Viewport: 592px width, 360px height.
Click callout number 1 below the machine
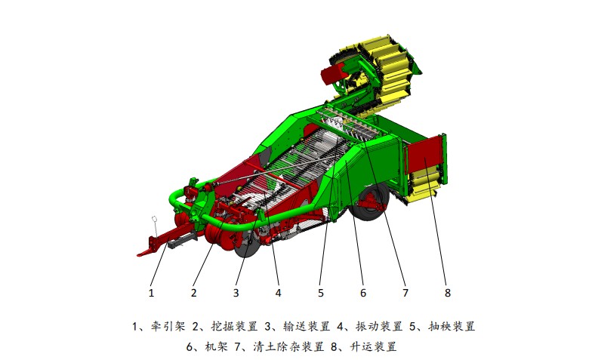pos(151,293)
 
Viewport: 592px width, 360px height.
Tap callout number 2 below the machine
pos(193,293)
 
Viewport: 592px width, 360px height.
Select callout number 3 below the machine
pos(236,293)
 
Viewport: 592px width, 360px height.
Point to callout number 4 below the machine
pos(278,293)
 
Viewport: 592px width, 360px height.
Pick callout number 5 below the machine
pos(320,293)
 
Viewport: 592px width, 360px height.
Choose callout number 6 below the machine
pos(362,293)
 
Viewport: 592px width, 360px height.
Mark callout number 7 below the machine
pos(405,293)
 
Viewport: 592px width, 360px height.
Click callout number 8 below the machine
pos(447,293)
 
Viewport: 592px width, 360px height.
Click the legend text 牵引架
pos(168,326)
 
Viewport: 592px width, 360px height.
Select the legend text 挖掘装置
pos(234,326)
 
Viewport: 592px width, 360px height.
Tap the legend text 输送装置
pos(307,326)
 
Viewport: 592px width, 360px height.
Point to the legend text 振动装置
pos(379,326)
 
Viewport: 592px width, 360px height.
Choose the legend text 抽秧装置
pos(452,326)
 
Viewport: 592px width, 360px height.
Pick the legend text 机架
pos(216,346)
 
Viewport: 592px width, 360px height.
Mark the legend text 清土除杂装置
pos(288,346)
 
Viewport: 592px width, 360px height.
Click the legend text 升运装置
pos(373,346)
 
